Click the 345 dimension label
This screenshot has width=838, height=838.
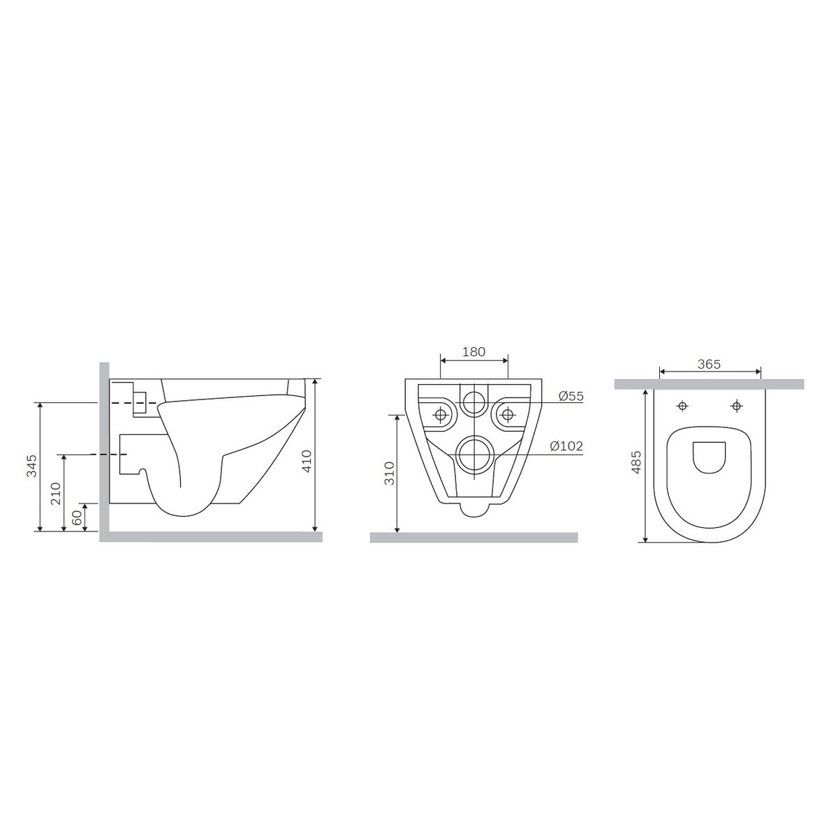point(32,466)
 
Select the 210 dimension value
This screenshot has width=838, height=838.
point(56,493)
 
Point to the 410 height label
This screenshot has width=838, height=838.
point(307,462)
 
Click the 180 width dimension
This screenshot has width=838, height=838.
point(473,352)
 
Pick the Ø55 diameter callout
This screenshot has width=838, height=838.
point(571,396)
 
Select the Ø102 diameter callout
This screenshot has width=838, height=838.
point(566,446)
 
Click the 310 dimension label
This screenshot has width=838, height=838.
point(389,473)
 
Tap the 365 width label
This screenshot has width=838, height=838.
point(709,364)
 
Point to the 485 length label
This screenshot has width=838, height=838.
point(636,462)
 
